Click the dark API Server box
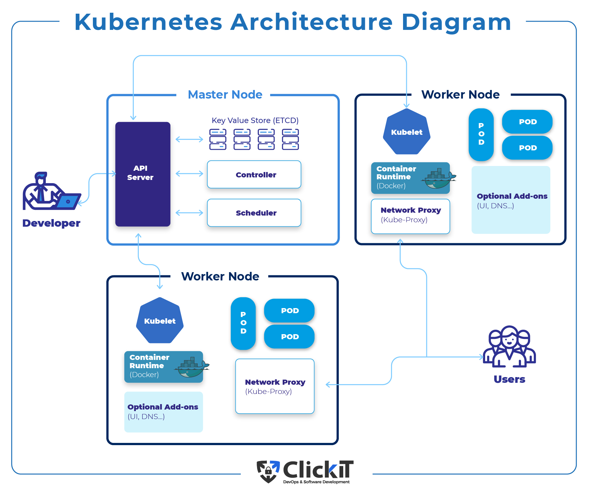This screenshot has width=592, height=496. coord(143,174)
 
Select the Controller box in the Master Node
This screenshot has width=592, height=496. coord(254,175)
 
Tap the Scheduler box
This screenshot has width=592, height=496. coord(254,213)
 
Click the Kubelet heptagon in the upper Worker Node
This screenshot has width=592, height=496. coord(407,132)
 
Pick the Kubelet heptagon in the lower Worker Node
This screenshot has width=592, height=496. coord(160,320)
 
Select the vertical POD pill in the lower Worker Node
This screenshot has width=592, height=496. coord(243,323)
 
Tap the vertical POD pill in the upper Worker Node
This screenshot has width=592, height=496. coord(481,134)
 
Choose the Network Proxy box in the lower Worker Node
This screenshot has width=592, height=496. coord(275,386)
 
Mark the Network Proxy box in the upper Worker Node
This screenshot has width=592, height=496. coord(410,216)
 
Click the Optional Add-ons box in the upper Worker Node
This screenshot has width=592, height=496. coord(511,200)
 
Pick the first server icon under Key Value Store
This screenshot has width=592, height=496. coord(218,139)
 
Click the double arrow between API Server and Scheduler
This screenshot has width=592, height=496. coord(189,213)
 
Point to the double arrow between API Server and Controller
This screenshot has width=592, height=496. coord(189,174)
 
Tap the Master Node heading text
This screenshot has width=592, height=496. coord(225,94)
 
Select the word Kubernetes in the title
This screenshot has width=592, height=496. coord(148,22)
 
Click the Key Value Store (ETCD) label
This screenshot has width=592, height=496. coord(255,121)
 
